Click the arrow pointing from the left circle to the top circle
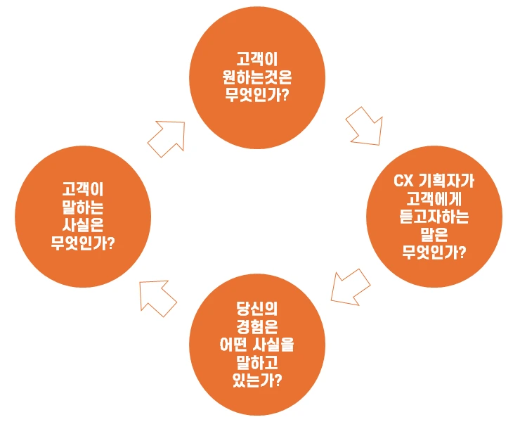[167, 137]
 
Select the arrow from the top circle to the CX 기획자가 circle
[364, 126]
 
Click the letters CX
[403, 184]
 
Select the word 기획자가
[446, 184]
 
